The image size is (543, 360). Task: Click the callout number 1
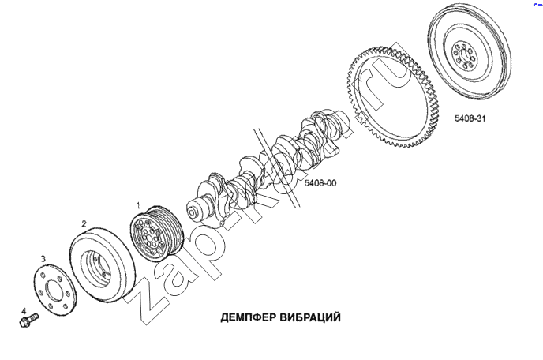tap(138, 205)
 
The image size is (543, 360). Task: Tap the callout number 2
tap(84, 223)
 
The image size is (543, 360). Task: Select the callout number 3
tap(43, 259)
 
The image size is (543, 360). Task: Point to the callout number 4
tap(24, 311)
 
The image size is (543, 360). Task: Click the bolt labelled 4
tap(29, 321)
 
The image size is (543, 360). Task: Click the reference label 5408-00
tap(320, 182)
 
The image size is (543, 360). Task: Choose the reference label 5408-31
tap(470, 118)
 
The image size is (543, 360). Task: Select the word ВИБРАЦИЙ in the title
tap(310, 317)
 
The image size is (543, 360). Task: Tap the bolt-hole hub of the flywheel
tap(465, 56)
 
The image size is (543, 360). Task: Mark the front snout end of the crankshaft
tap(193, 212)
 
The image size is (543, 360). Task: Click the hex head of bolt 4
tap(25, 323)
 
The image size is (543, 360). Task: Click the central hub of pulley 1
tap(148, 238)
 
